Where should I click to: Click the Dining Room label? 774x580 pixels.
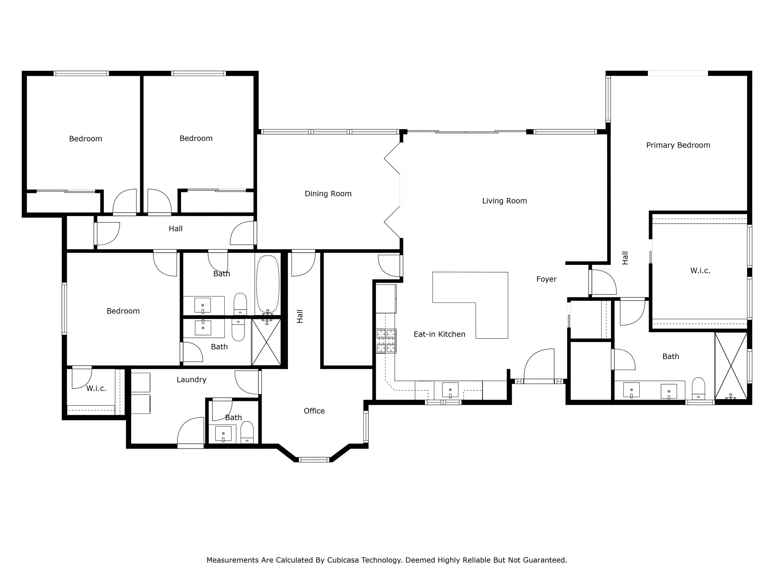(x=328, y=194)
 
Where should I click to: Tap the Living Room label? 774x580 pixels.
(x=504, y=201)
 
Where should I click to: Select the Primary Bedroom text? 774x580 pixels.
(x=678, y=145)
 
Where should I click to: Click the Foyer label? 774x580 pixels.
(x=546, y=279)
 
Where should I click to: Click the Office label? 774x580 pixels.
(x=314, y=411)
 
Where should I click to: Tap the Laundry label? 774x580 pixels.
(x=191, y=380)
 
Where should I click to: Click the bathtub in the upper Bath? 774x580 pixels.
(x=268, y=284)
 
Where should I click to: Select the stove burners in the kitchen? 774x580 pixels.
(x=386, y=341)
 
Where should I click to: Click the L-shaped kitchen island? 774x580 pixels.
(x=490, y=301)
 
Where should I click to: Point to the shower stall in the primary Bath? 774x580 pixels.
(x=731, y=365)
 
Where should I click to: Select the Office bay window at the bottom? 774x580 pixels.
(x=314, y=459)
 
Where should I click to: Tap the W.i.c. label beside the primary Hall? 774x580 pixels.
(x=700, y=271)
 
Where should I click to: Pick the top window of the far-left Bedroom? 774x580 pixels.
(x=81, y=73)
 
